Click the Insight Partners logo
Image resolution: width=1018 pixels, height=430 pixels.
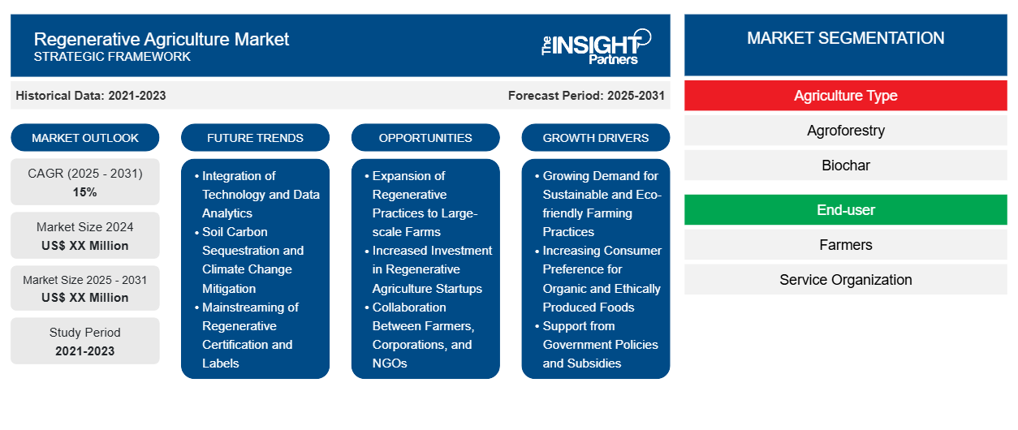coord(596,47)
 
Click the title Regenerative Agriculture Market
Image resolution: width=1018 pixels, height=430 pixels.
coord(162,39)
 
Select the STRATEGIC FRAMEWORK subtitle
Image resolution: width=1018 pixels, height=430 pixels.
coord(112,57)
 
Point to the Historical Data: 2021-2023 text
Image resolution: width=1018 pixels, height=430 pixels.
coord(91,96)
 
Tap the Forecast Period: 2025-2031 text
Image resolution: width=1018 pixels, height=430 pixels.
coord(586,96)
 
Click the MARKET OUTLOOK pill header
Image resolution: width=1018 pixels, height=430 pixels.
coord(85,138)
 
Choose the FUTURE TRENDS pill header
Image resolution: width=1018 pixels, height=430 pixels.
coord(255,138)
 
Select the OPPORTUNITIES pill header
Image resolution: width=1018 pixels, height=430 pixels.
coord(425,138)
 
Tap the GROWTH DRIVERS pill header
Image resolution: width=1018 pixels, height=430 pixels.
coord(595,138)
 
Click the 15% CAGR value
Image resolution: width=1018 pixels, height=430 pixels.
coord(85,192)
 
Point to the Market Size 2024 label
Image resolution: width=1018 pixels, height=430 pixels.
coord(85,227)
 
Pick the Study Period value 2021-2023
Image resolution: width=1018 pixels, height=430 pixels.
coord(85,351)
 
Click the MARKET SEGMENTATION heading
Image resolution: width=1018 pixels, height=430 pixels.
coord(845,38)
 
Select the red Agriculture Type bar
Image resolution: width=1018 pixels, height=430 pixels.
coord(846,96)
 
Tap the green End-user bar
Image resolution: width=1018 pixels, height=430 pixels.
coord(846,210)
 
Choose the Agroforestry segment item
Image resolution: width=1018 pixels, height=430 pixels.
coord(846,131)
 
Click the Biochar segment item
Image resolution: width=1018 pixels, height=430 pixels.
coord(846,166)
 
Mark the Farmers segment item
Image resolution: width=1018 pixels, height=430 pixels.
coord(846,245)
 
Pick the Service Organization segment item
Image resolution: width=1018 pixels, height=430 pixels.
coord(846,280)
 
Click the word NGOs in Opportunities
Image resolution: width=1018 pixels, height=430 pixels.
coord(390,363)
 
